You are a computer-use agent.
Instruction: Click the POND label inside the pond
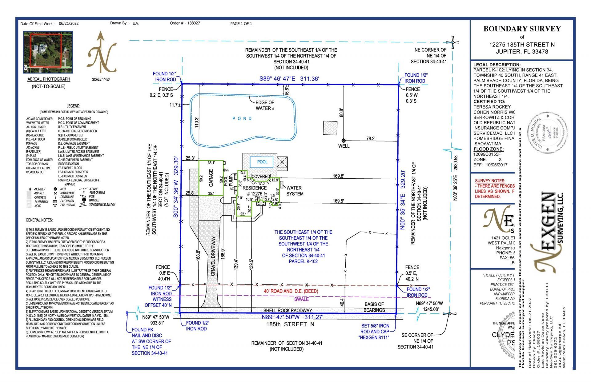[242, 118]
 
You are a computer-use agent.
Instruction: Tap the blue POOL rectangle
[262, 162]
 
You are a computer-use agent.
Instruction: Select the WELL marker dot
[344, 141]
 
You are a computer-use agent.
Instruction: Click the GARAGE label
[211, 178]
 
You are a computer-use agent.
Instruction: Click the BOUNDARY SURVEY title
[522, 29]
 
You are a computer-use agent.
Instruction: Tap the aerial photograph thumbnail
[48, 52]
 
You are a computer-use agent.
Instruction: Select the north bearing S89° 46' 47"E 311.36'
[289, 79]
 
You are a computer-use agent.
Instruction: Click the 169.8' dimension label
[338, 176]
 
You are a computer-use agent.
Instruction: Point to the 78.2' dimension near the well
[371, 139]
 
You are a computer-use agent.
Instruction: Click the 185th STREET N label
[290, 324]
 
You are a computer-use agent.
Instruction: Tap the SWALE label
[301, 299]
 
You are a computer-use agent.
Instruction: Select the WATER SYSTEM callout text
[295, 191]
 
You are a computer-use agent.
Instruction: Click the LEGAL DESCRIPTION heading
[497, 65]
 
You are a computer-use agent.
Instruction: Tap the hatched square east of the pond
[330, 128]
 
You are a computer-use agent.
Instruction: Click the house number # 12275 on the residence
[254, 193]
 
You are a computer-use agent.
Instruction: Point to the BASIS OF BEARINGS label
[374, 307]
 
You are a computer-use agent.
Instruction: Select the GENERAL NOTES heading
[39, 220]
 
